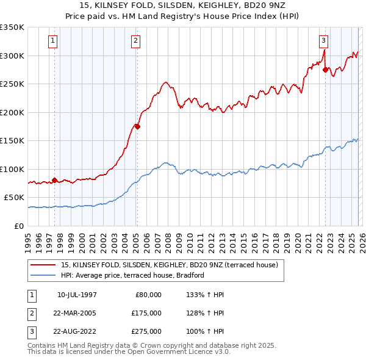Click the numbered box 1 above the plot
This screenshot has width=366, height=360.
point(53,41)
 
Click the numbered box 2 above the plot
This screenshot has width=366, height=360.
point(135,41)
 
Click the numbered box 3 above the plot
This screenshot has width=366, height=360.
point(323,41)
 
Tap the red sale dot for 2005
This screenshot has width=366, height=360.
point(138,127)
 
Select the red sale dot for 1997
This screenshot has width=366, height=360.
point(55,180)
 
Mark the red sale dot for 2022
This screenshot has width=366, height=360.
point(326,70)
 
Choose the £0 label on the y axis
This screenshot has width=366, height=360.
point(18,226)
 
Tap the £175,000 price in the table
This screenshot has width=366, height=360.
point(146,313)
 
